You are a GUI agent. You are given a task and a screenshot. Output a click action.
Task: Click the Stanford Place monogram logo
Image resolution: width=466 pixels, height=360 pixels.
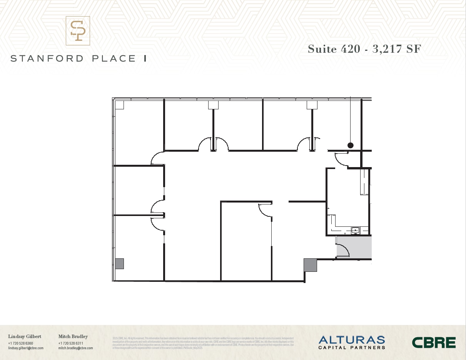point(78,31)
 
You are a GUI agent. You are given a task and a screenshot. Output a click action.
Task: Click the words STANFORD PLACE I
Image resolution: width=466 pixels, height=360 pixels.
point(78,59)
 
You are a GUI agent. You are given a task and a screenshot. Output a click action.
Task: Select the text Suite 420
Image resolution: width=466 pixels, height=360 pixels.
point(334,49)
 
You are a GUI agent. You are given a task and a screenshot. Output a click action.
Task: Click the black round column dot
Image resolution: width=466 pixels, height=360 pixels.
point(351,146)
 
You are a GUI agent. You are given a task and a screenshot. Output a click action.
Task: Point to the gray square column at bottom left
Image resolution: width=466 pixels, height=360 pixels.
point(119,264)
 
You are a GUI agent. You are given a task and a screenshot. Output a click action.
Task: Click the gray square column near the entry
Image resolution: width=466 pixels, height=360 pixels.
point(310,265)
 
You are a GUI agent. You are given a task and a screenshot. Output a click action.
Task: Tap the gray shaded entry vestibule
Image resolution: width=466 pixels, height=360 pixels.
point(354,248)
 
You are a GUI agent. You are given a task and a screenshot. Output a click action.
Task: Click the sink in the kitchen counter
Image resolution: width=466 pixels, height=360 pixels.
point(355,230)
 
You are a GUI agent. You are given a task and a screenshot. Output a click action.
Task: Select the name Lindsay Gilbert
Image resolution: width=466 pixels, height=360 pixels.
point(25,337)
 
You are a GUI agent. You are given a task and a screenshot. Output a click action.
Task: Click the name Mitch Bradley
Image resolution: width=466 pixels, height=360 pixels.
point(73,337)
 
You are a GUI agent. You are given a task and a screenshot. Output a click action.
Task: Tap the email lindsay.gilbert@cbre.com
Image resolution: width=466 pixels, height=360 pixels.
point(26,348)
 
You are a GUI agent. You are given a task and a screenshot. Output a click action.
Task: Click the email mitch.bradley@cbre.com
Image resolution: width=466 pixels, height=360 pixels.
point(75,348)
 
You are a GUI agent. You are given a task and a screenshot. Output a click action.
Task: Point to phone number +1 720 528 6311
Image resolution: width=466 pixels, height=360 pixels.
point(71,343)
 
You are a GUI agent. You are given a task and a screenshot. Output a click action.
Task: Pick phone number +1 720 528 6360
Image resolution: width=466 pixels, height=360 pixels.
point(20,343)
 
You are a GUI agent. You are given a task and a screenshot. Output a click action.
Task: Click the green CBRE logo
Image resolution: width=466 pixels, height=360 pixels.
point(434,342)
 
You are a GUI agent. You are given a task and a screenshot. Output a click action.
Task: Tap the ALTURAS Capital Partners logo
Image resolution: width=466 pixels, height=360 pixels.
point(352,342)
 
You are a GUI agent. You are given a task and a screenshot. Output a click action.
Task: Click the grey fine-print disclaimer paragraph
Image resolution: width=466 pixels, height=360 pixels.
point(203,343)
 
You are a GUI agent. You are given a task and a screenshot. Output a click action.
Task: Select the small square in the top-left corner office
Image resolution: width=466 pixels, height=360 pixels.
point(119,105)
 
